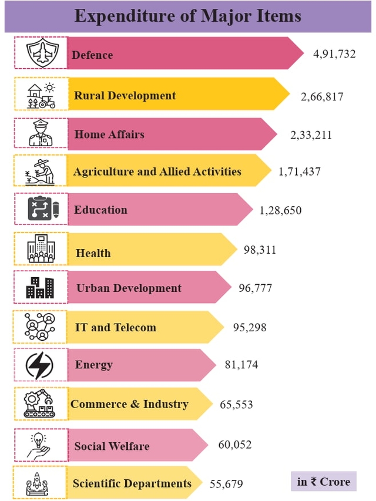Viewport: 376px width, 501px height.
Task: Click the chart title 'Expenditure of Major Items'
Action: pyautogui.click(x=187, y=16)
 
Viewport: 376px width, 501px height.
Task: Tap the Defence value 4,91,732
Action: pyautogui.click(x=334, y=54)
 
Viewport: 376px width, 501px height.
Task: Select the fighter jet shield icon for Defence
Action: pyautogui.click(x=41, y=53)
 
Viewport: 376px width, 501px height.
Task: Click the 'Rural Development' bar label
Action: pyautogui.click(x=125, y=96)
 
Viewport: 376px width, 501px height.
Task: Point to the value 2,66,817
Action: pyautogui.click(x=322, y=97)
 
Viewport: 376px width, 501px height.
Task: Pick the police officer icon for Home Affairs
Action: pyautogui.click(x=41, y=133)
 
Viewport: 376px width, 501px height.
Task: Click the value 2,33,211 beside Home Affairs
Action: pyautogui.click(x=311, y=135)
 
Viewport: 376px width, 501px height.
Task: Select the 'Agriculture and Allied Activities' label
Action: pyautogui.click(x=157, y=172)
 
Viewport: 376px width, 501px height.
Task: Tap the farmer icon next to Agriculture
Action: pyautogui.click(x=41, y=171)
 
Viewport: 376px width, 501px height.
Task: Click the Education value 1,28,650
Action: pyautogui.click(x=280, y=210)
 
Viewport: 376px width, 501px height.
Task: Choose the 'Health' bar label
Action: pyautogui.click(x=93, y=253)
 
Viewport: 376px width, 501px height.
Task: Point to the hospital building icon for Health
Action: pyautogui.click(x=41, y=248)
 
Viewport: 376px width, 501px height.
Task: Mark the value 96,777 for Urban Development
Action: pyautogui.click(x=256, y=288)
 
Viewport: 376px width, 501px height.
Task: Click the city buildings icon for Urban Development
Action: pyautogui.click(x=41, y=288)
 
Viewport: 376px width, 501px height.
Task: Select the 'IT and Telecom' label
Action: pyautogui.click(x=115, y=327)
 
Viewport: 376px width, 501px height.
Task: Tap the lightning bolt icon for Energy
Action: pyautogui.click(x=40, y=366)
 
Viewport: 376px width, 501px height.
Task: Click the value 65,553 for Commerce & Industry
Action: pyautogui.click(x=236, y=405)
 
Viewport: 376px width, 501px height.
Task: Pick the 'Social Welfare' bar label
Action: pyautogui.click(x=112, y=446)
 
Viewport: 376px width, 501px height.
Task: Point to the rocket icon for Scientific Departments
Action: pyautogui.click(x=38, y=484)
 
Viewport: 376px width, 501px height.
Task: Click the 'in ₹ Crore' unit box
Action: pyautogui.click(x=323, y=482)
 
